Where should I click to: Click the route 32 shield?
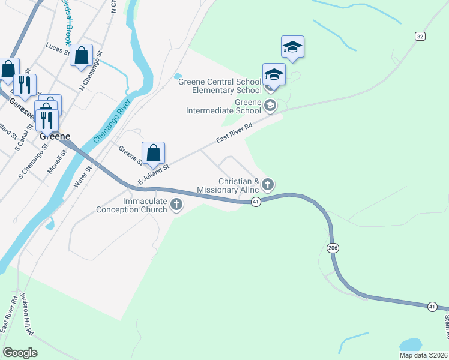[x=420, y=37]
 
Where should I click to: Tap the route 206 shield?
[x=333, y=247]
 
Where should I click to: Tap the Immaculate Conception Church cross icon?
[x=176, y=205]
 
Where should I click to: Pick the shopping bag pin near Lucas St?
[x=81, y=56]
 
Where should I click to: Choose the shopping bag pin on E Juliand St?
[x=153, y=153]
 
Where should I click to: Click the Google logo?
[x=20, y=353]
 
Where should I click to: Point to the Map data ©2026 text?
[x=423, y=355]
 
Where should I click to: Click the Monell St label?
[x=58, y=162]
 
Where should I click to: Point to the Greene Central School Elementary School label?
[x=220, y=86]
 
